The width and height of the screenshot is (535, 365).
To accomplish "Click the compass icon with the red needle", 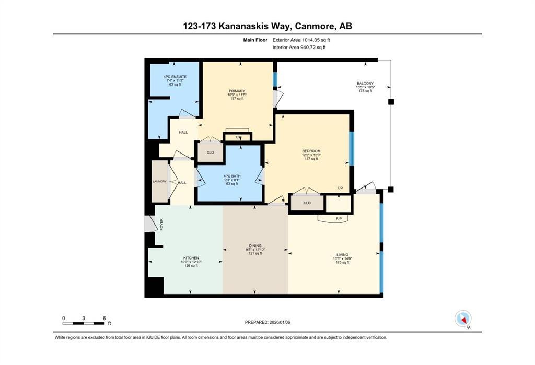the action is click(x=463, y=319).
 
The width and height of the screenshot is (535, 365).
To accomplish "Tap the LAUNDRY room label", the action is click(x=160, y=182).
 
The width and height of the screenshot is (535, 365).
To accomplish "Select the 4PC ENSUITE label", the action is click(x=175, y=77).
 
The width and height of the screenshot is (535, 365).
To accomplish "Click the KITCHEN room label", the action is click(x=191, y=258).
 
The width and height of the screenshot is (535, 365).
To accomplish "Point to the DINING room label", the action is click(x=255, y=245).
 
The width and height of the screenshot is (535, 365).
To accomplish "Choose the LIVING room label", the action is click(x=342, y=255).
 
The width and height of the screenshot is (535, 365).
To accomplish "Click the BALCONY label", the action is click(x=365, y=83).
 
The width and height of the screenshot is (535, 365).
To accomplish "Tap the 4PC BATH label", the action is click(x=232, y=176).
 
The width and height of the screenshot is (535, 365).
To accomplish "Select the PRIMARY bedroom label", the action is click(x=237, y=91).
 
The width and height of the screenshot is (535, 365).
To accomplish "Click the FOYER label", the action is click(x=162, y=225).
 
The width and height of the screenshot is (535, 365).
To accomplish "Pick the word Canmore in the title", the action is click(x=314, y=26).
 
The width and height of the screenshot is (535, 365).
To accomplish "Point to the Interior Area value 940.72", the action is click(x=308, y=48).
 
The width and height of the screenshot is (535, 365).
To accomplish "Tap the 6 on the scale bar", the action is click(x=104, y=319).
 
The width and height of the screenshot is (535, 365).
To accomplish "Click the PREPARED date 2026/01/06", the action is click(x=280, y=322).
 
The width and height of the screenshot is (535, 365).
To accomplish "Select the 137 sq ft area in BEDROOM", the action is click(x=311, y=159).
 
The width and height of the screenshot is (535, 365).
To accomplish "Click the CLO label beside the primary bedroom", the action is click(x=210, y=152).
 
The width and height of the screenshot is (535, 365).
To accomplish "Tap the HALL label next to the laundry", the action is click(x=182, y=183).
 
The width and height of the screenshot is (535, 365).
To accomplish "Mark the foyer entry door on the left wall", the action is click(x=150, y=224).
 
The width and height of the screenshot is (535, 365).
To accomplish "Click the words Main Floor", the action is click(x=255, y=40).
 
